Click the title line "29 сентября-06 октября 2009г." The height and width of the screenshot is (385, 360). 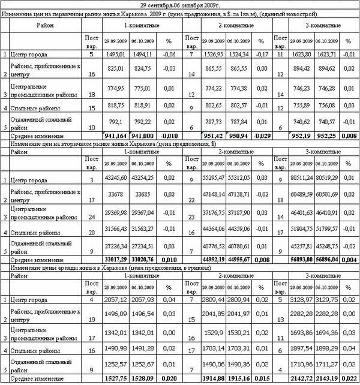[181, 5]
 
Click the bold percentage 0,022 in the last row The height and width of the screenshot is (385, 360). [349, 380]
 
